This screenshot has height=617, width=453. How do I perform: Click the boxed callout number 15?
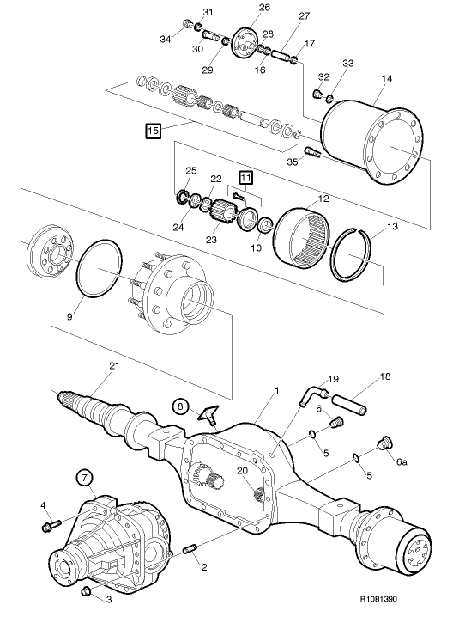click(154, 130)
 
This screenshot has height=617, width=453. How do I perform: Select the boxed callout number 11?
click(245, 178)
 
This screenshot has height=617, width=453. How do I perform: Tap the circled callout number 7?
click(85, 477)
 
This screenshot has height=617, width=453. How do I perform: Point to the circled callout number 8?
click(180, 406)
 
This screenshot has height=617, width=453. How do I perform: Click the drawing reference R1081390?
click(378, 599)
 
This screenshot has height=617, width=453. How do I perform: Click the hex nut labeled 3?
click(86, 591)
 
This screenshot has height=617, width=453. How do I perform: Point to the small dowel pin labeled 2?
click(190, 549)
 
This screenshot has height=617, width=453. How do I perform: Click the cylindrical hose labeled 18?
click(349, 404)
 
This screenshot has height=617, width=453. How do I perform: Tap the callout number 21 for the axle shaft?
click(114, 366)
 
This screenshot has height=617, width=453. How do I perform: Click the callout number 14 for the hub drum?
click(387, 79)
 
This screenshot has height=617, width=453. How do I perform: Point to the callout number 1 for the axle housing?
click(277, 391)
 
